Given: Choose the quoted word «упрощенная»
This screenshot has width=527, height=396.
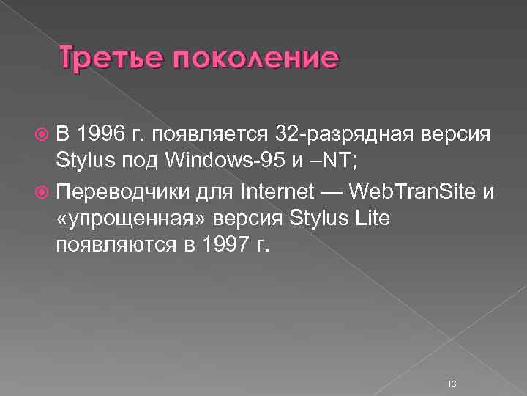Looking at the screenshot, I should pos(117,217).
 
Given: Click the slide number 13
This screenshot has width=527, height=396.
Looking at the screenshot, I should pos(450,364).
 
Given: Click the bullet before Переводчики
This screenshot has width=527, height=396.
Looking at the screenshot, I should pos(41,192).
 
